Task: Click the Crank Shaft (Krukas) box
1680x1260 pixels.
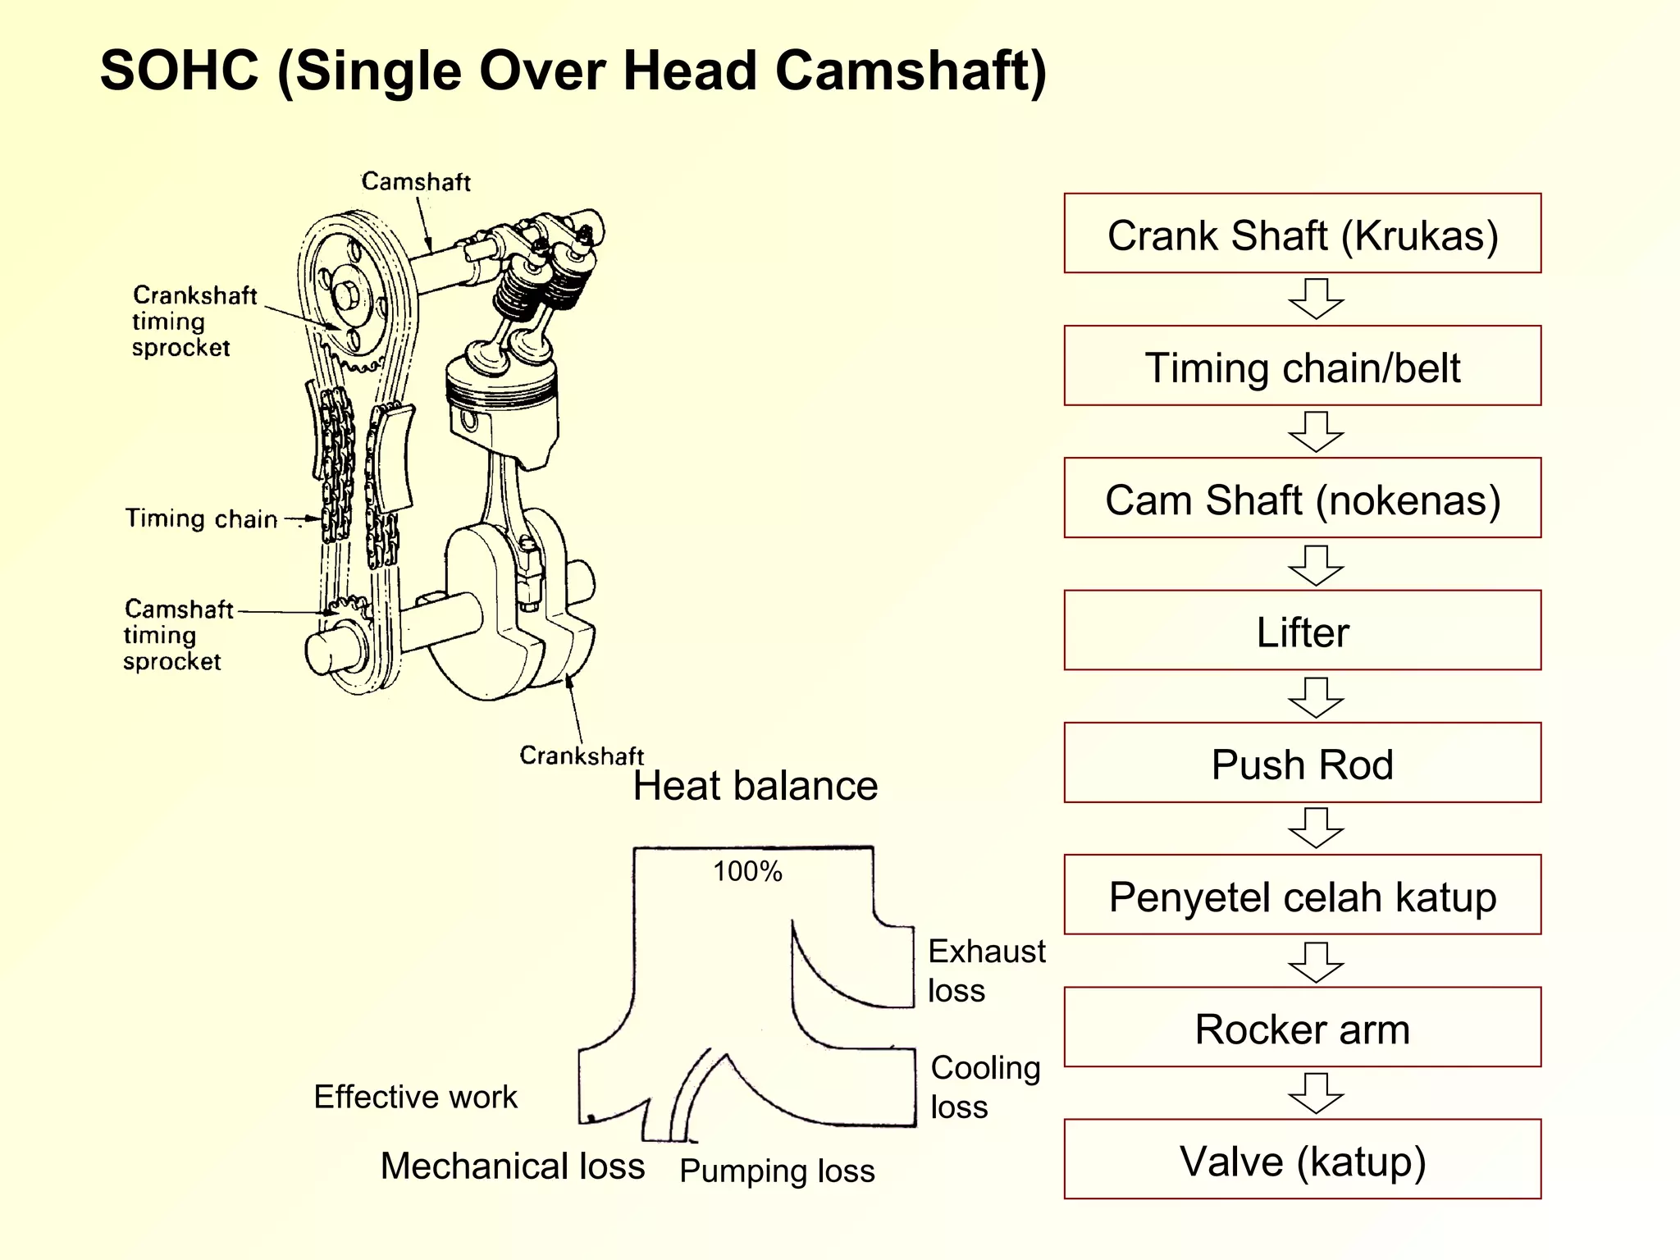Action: [1302, 234]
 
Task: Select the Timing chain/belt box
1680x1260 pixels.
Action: [1302, 366]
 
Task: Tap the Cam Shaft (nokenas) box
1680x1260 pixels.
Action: [1302, 498]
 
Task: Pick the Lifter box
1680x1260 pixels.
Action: [1302, 631]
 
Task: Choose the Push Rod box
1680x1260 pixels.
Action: [1302, 763]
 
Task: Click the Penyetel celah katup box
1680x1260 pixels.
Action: [1302, 895]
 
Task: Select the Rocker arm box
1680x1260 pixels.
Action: [1302, 1027]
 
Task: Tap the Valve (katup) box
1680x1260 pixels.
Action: [1302, 1159]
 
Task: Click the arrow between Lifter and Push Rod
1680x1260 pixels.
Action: [1316, 697]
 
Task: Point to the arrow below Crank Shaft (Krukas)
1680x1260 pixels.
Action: [1316, 299]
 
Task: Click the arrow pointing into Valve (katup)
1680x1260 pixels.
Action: [1316, 1093]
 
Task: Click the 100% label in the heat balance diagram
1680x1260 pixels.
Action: [747, 871]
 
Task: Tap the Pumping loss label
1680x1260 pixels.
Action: [777, 1171]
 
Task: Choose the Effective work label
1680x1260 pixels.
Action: [415, 1097]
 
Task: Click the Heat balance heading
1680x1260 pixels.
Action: [755, 786]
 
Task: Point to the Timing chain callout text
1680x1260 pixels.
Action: [201, 518]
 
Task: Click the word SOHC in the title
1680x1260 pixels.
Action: [179, 71]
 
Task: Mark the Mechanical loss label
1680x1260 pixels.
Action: [513, 1166]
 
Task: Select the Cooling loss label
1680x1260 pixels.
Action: [984, 1087]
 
